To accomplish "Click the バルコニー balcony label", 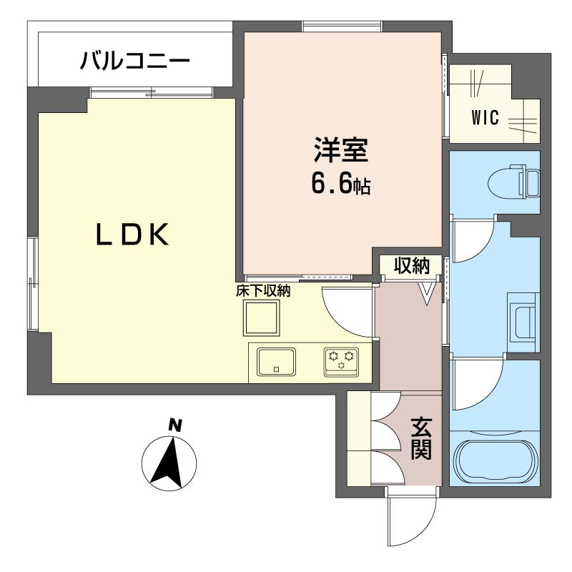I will coord(135,61).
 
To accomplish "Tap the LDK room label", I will coord(133,235).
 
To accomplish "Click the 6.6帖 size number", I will coord(340,184).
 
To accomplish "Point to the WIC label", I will coord(485,118).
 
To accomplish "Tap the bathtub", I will coord(496,461).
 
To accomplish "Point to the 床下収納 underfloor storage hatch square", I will coord(261,317).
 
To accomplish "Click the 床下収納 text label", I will coord(263,291).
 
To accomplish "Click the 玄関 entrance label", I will coord(420,438).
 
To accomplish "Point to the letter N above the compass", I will coord(173,425).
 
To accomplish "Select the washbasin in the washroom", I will coord(523,318).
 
